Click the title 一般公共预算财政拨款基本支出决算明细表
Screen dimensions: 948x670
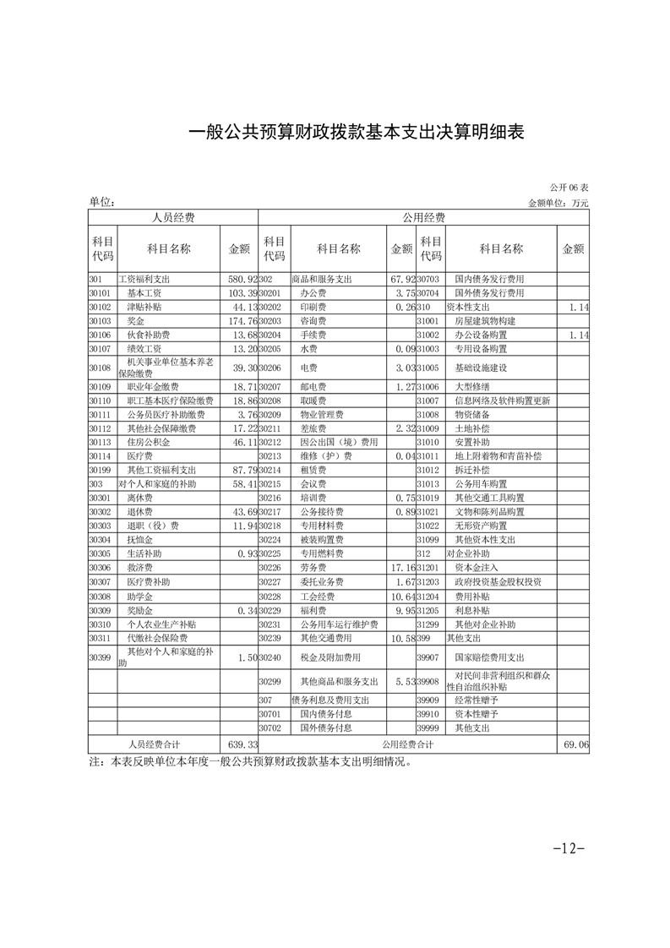pyautogui.click(x=356, y=133)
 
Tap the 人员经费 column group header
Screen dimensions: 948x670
pyautogui.click(x=173, y=218)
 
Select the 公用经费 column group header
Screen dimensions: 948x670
pyautogui.click(x=424, y=218)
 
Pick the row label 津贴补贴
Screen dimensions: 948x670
pyautogui.click(x=144, y=307)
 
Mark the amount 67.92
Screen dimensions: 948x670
pyautogui.click(x=400, y=279)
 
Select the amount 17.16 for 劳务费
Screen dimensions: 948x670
pyautogui.click(x=400, y=567)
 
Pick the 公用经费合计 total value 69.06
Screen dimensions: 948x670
pyautogui.click(x=575, y=744)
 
